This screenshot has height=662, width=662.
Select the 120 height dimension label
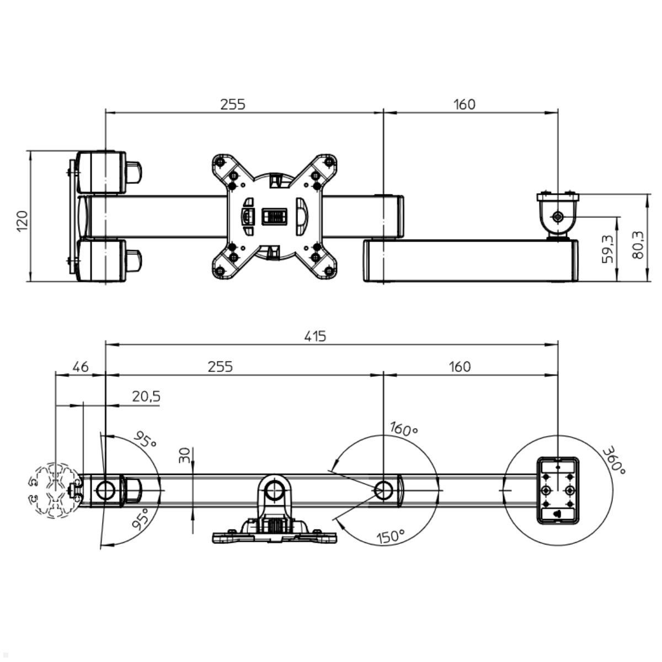pos(22,220)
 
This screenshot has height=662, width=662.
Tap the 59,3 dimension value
pos(608,248)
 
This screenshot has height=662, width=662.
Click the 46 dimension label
pos(81,366)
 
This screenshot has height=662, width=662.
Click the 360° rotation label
pos(613,461)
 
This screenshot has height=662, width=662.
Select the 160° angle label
pos(403,429)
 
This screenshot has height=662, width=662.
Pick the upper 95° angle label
pos(145,440)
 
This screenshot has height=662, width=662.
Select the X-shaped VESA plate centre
pos(274,216)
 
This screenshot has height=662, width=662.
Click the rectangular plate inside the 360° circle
pos(557,489)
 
